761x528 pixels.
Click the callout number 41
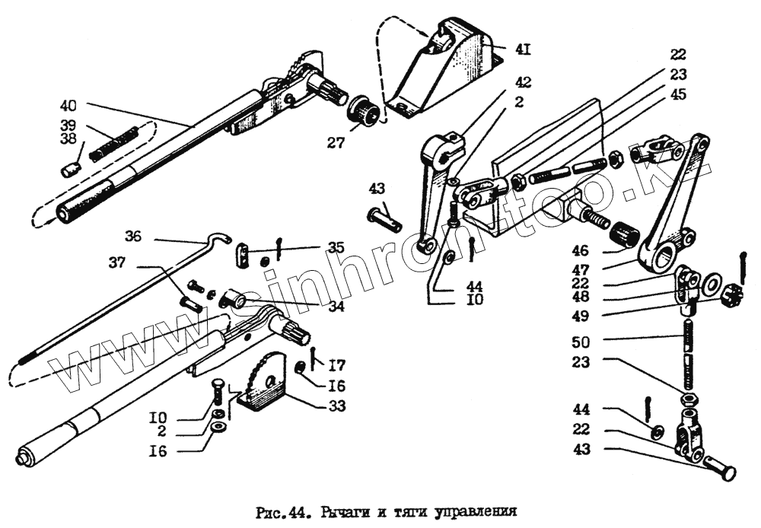coord(522,50)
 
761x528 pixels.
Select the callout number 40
coord(68,105)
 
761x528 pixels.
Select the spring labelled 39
coord(114,145)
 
